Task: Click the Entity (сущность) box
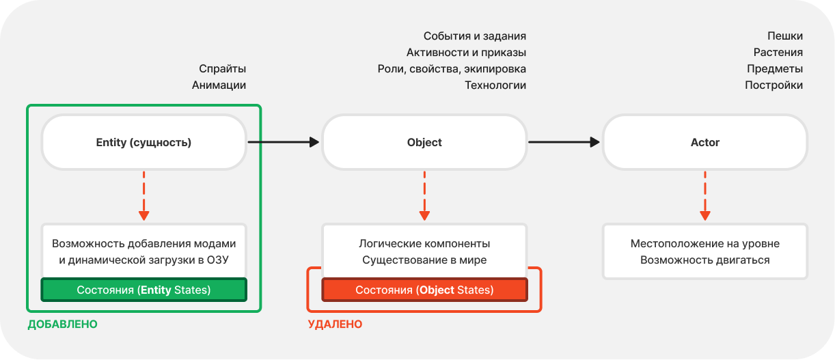click(144, 142)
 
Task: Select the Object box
click(424, 142)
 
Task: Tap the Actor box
click(705, 142)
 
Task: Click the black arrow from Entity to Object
click(284, 142)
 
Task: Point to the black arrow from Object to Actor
click(564, 142)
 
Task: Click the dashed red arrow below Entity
click(144, 196)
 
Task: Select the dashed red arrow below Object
click(424, 196)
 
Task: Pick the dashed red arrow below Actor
click(705, 196)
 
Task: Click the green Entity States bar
click(144, 290)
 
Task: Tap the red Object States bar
click(424, 290)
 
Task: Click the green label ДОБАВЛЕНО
click(63, 324)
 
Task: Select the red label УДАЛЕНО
click(335, 324)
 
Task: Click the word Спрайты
click(223, 68)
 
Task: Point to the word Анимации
click(219, 85)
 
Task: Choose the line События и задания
click(475, 36)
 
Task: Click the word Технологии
click(495, 85)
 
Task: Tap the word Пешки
click(785, 36)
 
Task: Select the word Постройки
click(774, 85)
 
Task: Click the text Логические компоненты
click(424, 243)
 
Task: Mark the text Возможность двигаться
click(705, 260)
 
